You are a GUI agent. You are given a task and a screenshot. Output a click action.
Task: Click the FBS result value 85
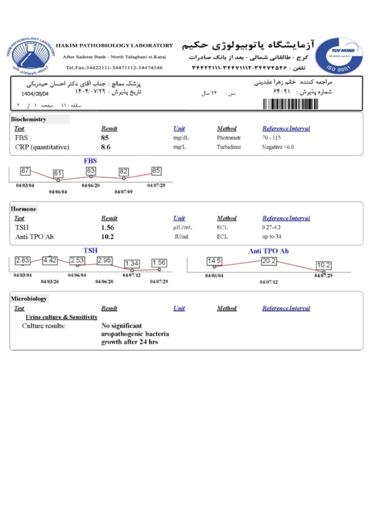coord(105,138)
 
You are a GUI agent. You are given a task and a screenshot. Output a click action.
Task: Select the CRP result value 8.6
coord(105,147)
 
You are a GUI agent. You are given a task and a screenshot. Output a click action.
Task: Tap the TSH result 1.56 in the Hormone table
coord(107,228)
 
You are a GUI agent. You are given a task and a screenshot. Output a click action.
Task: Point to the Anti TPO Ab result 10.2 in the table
coord(107,237)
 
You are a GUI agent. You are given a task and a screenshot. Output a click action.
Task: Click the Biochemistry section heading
coord(29,119)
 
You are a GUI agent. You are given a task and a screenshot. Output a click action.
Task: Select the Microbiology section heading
coord(29,299)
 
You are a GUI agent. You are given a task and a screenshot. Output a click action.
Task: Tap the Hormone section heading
coord(24,209)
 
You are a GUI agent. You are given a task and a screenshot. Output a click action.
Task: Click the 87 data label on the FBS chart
coord(25,171)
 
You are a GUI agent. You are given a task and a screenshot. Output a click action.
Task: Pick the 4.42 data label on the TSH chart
coord(50,261)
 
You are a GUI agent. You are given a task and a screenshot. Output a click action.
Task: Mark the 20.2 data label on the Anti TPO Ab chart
coord(269,261)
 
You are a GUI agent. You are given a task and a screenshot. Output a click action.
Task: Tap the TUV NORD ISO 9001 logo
coord(344,55)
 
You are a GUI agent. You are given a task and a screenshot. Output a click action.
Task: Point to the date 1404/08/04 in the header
coord(35,94)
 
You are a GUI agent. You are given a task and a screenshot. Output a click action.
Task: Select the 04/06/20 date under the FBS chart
coord(91,185)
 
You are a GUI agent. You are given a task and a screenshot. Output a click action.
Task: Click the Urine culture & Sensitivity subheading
coord(61,317)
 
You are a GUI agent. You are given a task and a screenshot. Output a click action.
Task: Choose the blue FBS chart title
coord(90,161)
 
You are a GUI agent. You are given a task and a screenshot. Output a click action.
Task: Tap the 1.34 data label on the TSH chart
coord(132,263)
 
